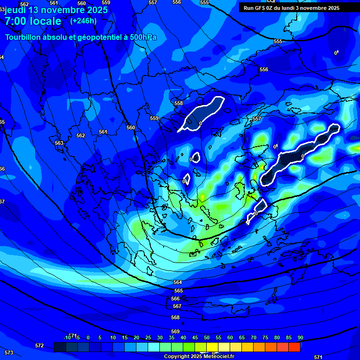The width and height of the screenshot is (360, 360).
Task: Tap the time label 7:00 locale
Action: pos(33,21)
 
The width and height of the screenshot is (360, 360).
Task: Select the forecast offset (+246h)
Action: pos(83,21)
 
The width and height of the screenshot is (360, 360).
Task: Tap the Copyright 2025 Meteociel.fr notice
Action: pos(199,357)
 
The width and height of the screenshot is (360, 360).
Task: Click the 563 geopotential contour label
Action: pos(59,143)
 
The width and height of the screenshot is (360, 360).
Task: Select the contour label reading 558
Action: pos(179,103)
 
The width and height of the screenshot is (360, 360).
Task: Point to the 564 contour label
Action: pos(178,282)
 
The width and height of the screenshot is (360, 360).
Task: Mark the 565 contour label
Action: pos(179,291)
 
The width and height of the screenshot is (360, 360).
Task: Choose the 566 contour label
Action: pos(175,299)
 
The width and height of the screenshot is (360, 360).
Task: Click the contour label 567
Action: pos(177,306)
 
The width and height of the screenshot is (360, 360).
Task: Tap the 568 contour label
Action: pos(175,317)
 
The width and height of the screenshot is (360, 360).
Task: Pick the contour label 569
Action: pos(175,331)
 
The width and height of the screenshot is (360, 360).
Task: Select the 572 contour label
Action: pos(39,345)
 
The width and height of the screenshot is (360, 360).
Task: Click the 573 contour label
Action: pos(9,352)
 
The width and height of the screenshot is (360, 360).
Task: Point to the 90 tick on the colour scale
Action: pos(300,337)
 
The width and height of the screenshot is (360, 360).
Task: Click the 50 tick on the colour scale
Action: pos(206,337)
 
